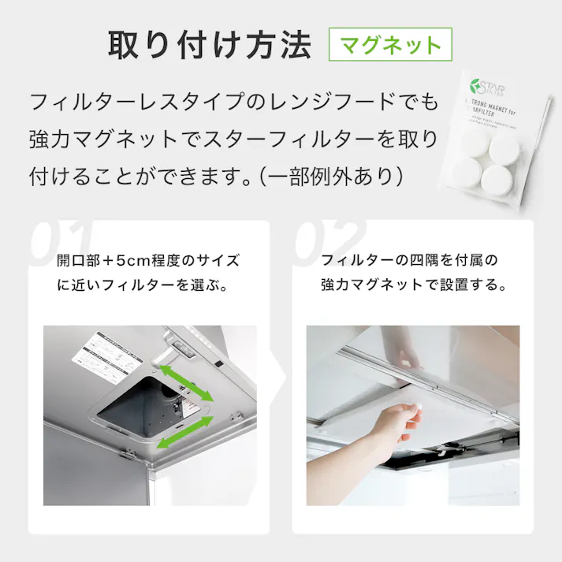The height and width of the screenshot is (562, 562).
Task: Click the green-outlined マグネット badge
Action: (390, 45)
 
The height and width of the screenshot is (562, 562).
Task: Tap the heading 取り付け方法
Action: (209, 45)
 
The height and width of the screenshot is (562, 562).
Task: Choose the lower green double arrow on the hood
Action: (184, 434)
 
